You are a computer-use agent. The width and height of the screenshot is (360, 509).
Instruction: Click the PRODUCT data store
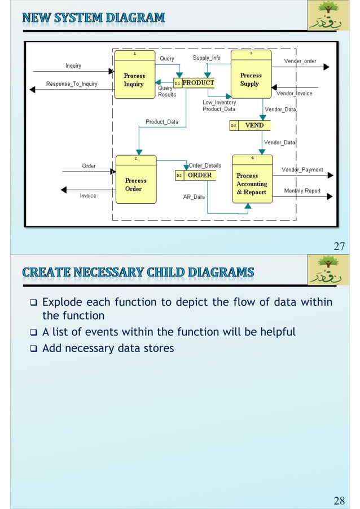[194, 83]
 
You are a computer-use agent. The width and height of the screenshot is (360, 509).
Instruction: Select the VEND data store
[250, 125]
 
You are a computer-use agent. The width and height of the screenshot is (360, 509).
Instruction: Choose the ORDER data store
[195, 175]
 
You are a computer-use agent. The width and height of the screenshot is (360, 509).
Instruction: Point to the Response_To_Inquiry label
[71, 84]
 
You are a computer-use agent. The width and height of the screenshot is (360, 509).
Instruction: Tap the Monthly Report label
[302, 191]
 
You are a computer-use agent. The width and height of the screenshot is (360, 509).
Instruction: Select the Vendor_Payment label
[302, 169]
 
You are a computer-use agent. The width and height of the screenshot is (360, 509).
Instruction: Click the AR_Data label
[194, 197]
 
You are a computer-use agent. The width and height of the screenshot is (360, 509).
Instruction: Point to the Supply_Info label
[207, 58]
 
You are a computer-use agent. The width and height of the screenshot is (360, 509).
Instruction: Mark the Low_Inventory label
[219, 103]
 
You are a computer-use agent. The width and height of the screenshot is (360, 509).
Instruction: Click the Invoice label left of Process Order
[87, 195]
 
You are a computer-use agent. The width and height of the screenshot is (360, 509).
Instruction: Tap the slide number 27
[339, 245]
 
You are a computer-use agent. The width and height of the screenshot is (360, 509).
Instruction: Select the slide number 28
[339, 500]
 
